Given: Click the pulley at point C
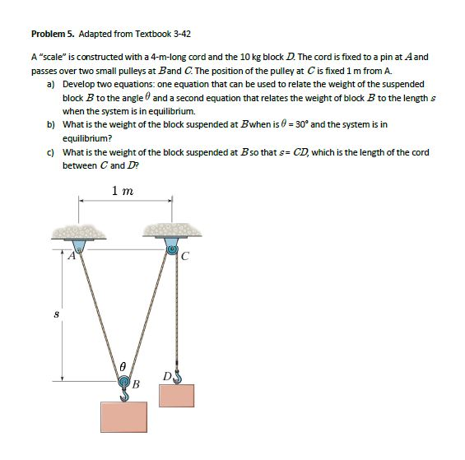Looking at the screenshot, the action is (172, 249).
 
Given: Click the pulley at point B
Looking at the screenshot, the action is (124, 382).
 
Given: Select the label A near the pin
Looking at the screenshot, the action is (72, 255).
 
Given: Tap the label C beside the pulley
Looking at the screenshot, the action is (184, 256).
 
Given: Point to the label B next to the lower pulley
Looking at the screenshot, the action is (136, 384).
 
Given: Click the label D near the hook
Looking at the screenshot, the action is (167, 376).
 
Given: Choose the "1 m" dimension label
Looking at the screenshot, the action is (123, 191).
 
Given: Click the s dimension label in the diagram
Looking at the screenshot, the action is (56, 314).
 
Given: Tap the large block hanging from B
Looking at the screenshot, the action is (123, 416).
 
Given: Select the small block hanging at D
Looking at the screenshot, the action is (176, 396).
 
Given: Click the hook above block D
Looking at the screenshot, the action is (177, 376).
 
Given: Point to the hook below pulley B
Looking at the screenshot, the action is (125, 395).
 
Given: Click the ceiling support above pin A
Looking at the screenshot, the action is (79, 232).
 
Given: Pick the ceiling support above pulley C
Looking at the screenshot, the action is (172, 230).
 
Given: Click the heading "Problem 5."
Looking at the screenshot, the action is (53, 34).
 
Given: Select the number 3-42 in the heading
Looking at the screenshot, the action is (182, 34).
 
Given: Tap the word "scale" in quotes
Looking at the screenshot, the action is (53, 56).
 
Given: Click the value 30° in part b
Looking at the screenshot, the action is (302, 124).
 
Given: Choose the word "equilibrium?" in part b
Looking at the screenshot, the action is (87, 138).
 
